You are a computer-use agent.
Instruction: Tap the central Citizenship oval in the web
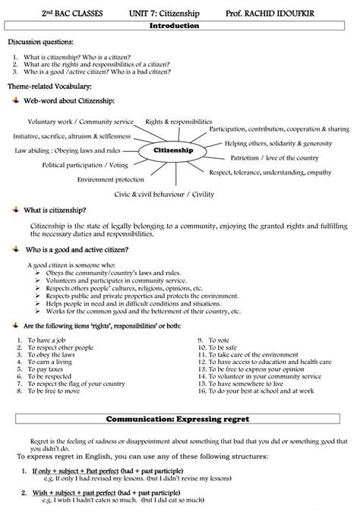(x=174, y=150)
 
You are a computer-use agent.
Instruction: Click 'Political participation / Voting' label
(x=85, y=164)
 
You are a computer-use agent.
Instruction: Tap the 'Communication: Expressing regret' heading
(x=179, y=418)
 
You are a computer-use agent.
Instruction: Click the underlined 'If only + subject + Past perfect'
(x=72, y=471)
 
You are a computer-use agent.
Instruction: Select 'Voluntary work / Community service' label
(x=81, y=122)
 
